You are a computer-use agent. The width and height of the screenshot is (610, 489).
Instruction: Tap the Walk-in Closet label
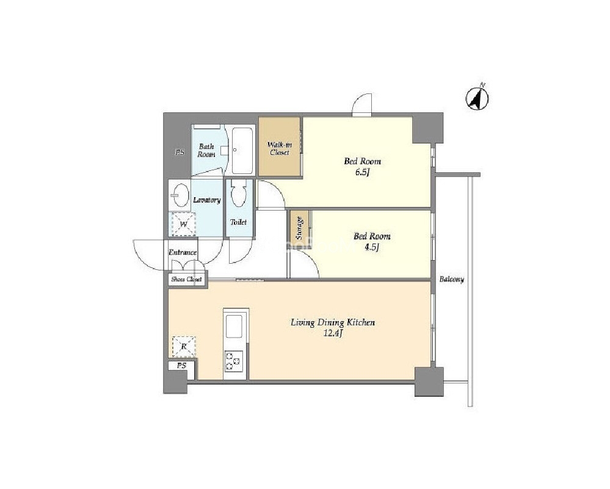click(280, 148)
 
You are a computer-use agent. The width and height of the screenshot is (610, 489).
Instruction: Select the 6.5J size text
click(362, 172)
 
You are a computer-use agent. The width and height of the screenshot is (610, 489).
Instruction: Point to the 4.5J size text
click(372, 247)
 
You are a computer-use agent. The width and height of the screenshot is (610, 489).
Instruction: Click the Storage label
click(299, 228)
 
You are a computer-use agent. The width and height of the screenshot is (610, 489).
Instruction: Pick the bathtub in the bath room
click(242, 151)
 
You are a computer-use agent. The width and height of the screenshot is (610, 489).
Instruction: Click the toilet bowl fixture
click(238, 194)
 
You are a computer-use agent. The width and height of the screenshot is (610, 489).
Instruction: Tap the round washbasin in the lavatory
click(180, 195)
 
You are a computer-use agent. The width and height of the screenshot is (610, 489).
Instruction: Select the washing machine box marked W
click(184, 225)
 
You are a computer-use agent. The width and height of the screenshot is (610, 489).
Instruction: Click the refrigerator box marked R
click(184, 347)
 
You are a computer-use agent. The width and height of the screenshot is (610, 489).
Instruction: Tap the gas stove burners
click(233, 360)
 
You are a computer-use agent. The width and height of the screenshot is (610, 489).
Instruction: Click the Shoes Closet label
click(187, 280)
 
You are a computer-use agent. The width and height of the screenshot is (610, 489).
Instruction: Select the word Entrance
click(183, 253)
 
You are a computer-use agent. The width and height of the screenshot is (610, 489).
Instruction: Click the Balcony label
click(452, 280)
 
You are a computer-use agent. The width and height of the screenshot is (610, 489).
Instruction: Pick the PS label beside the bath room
click(180, 153)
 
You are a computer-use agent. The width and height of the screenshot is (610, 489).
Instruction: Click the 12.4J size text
click(333, 333)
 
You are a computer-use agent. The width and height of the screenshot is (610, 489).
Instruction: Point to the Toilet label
click(239, 222)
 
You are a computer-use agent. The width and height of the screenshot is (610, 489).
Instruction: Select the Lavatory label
click(207, 200)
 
